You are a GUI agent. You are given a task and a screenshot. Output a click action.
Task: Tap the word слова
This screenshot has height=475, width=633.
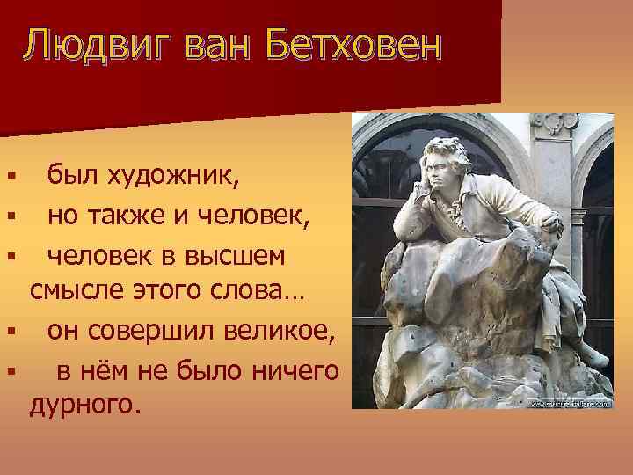click(263, 291)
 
